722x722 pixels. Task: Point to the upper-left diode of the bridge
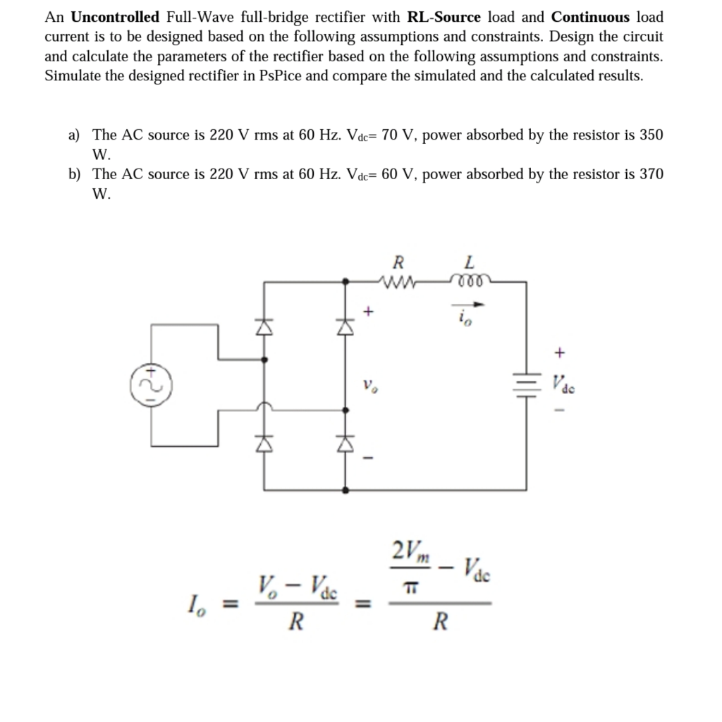point(264,326)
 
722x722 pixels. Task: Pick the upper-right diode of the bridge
point(345,326)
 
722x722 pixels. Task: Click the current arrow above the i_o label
point(469,305)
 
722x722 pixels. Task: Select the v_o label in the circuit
point(368,387)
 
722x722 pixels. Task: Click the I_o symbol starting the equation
point(215,604)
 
